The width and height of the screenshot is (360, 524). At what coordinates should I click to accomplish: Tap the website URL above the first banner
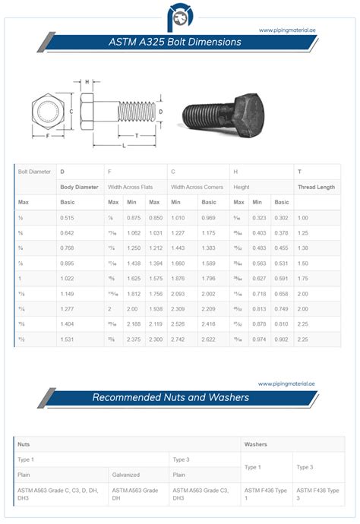click(x=286, y=30)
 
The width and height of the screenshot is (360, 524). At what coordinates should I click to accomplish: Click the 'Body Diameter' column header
click(x=80, y=186)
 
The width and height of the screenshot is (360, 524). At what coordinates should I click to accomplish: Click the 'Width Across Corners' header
click(x=198, y=186)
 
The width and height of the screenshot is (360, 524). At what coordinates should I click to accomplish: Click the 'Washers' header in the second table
click(x=256, y=444)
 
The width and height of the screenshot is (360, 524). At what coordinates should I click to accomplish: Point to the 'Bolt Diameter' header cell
click(x=35, y=172)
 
